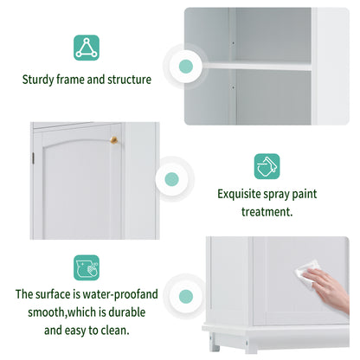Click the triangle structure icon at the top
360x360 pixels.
coord(86,47)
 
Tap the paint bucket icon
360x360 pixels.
coord(267,166)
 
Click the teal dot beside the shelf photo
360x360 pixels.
coord(185,66)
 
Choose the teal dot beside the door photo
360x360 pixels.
coord(171,180)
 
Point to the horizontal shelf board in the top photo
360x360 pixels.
coord(268,64)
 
